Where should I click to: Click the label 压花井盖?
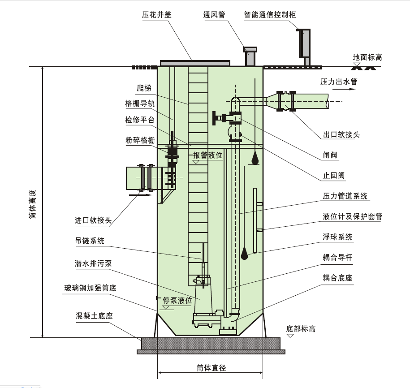coord(157,15)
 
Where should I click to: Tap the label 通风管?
coord(214,15)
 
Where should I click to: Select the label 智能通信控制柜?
coord(270,15)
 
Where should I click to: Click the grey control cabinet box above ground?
coord(305,43)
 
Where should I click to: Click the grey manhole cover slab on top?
coord(194,63)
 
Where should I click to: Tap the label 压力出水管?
coord(339,82)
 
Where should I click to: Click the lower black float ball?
coord(245,254)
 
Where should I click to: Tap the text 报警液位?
coord(207,155)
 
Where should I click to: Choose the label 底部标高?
coord(301,329)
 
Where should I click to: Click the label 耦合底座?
coord(337,278)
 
